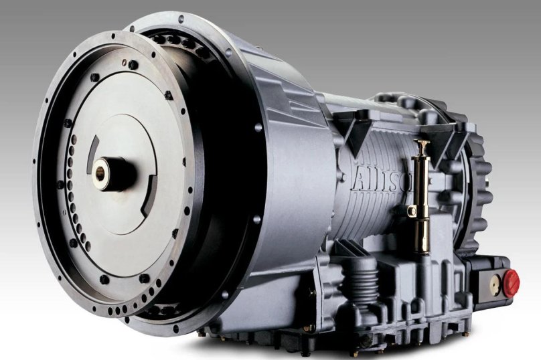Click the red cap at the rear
click(511, 283)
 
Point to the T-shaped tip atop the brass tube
click(422, 143)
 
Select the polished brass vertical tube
click(422, 194)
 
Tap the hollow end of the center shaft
click(100, 171)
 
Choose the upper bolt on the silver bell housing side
click(258, 127)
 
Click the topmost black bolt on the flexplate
click(133, 65)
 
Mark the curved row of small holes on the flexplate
click(71, 201)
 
